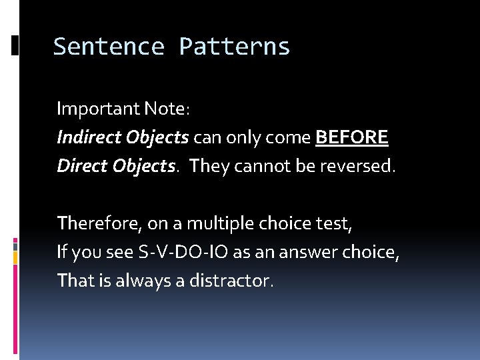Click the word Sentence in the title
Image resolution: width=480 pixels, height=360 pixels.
(x=109, y=47)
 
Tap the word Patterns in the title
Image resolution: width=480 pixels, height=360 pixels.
(x=234, y=47)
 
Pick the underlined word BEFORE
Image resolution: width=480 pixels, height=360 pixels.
(x=351, y=137)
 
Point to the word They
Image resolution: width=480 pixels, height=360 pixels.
(x=209, y=166)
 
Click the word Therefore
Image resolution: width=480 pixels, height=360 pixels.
(x=93, y=223)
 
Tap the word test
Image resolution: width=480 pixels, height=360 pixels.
(x=331, y=223)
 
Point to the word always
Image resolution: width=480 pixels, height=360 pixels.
(x=139, y=281)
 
